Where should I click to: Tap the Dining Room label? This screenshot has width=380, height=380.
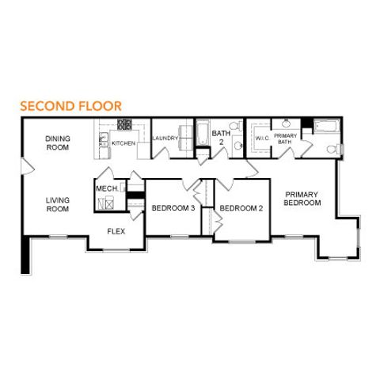(x=57, y=142)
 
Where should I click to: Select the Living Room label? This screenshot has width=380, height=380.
(x=57, y=205)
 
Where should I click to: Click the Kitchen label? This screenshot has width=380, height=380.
(x=123, y=143)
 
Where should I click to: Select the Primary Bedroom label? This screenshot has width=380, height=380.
(x=302, y=198)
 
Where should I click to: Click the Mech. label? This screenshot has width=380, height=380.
(x=107, y=188)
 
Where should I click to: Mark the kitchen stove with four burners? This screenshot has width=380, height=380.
(x=124, y=125)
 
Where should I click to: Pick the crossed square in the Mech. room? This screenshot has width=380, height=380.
(x=104, y=203)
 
